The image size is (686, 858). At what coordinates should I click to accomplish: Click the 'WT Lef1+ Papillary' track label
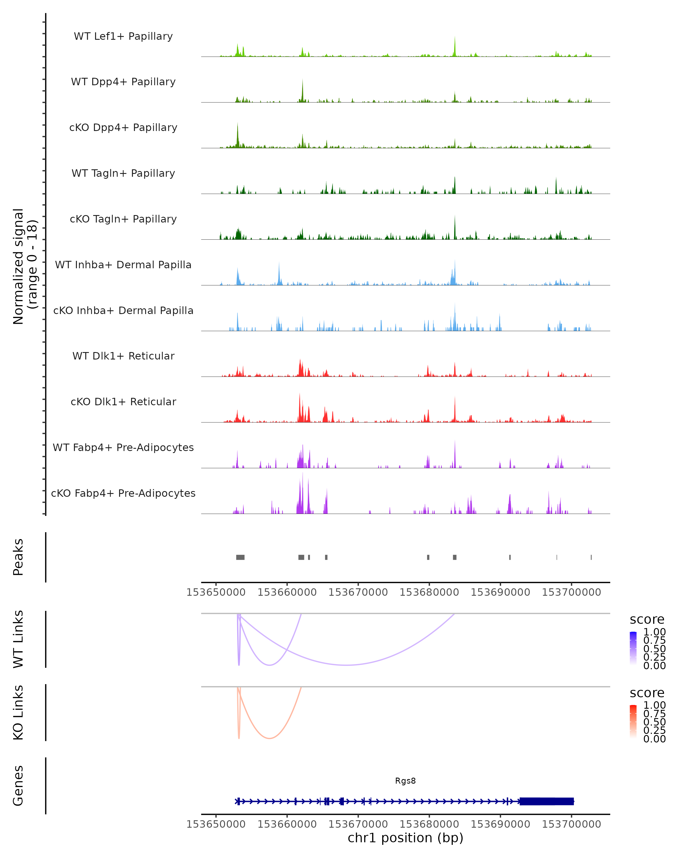pos(123,36)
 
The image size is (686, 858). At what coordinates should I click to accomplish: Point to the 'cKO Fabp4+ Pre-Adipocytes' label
pos(123,493)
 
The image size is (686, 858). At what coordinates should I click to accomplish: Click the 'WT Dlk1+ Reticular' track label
pos(123,356)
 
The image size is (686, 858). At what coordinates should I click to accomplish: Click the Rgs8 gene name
pos(405,780)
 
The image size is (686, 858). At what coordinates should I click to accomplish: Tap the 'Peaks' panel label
pos(18,557)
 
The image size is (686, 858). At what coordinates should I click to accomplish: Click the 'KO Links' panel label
pos(18,712)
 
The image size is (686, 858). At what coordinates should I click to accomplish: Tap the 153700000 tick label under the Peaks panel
pos(571,592)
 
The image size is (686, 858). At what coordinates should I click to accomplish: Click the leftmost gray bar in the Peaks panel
pos(240,557)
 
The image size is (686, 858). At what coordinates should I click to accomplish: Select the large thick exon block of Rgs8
pos(547,801)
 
